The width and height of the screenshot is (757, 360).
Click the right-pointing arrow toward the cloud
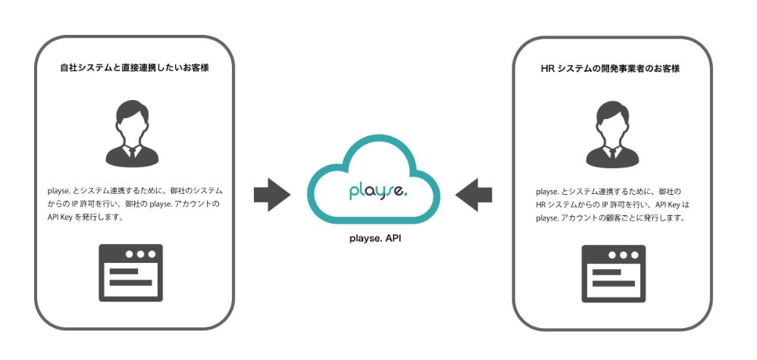(x=271, y=195)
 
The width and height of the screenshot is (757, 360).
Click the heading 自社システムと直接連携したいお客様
(x=135, y=67)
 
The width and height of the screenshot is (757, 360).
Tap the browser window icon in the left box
(x=131, y=273)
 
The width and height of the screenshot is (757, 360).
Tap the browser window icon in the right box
(x=613, y=273)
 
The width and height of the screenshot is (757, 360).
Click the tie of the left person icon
(x=133, y=152)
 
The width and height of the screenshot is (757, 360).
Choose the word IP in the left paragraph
(x=86, y=204)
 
